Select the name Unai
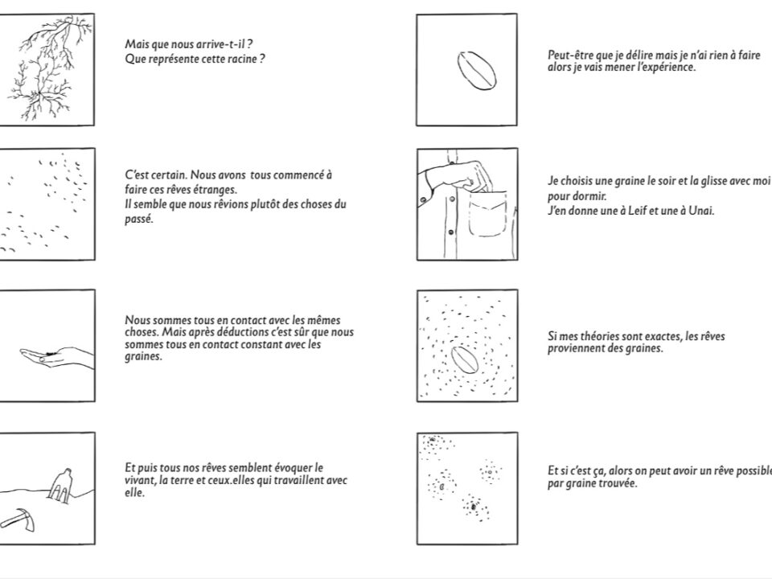pyautogui.click(x=701, y=211)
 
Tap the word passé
pyautogui.click(x=138, y=219)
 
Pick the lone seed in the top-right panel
pyautogui.click(x=475, y=70)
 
